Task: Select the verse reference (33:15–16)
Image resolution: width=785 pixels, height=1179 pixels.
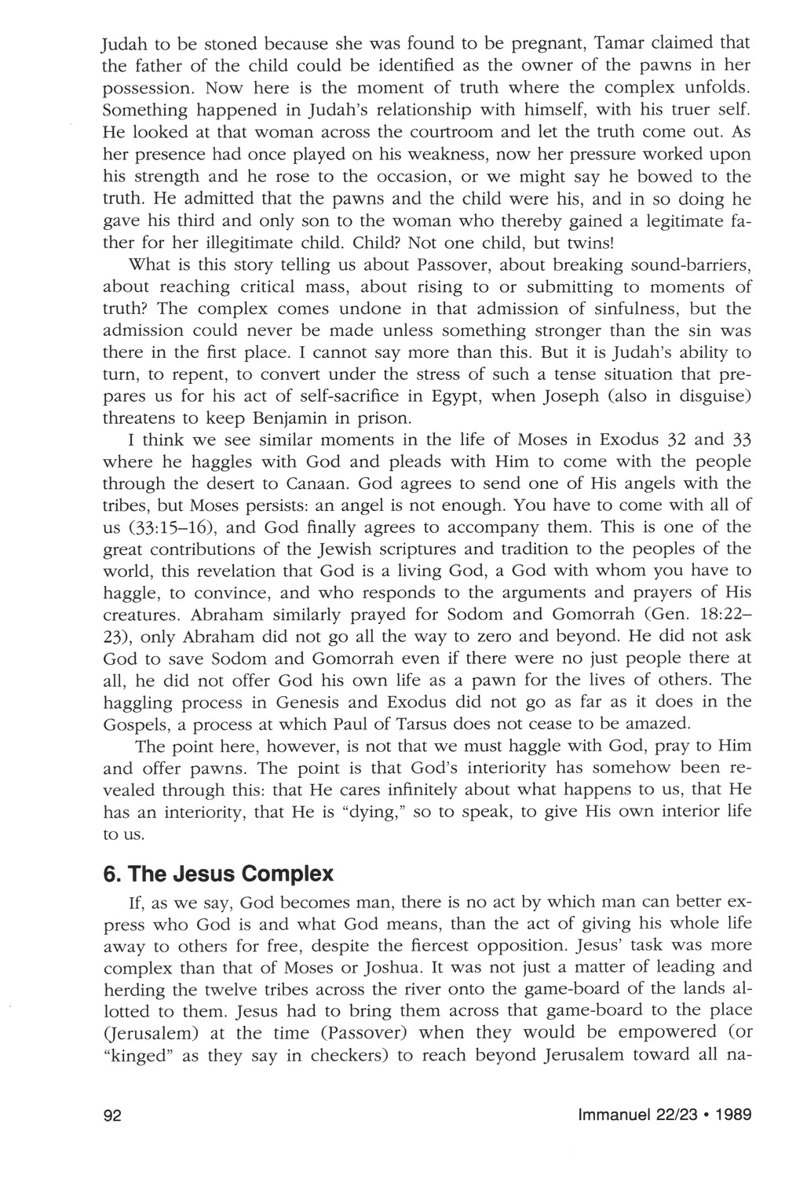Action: [x=170, y=527]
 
